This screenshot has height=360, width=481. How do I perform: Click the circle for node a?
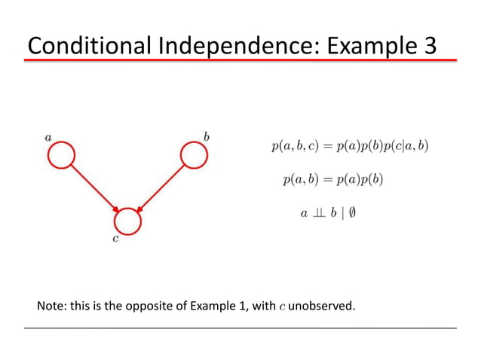pos(61,157)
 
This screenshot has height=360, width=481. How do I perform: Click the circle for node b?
pos(194,157)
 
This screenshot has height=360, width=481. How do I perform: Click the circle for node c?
pos(127,221)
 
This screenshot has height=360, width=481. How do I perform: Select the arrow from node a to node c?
pos(94,189)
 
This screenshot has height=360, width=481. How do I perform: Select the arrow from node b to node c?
pos(161,189)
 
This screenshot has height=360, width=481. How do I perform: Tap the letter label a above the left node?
pos(48,137)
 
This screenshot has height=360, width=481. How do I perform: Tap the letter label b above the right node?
pos(207,136)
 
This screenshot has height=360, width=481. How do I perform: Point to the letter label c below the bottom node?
pos(115,242)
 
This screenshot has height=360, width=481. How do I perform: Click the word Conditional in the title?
pos(91,47)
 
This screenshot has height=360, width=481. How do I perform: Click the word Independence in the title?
pos(242,47)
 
